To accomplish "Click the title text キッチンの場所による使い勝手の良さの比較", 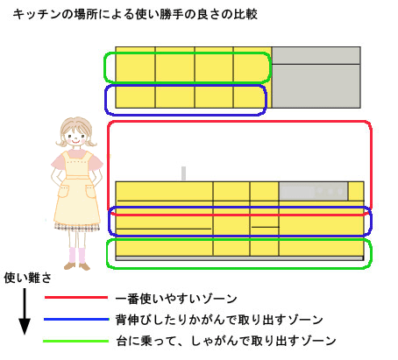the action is pos(135,14).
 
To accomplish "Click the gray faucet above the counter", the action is pos(183,173).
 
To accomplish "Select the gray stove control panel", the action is pos(314,191).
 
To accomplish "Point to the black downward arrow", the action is pos(25,311).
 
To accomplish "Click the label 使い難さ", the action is pos(27,278).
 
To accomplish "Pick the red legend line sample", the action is pos(76,298).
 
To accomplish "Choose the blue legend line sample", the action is pos(76,319).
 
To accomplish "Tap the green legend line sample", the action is pos(76,341).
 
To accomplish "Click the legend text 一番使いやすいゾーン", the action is pos(176,299).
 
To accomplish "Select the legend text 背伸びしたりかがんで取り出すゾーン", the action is pos(219,320).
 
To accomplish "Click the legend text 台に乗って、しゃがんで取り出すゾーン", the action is pos(226,341).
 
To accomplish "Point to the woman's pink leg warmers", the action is pos(77,256).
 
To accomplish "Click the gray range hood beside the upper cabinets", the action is pos(316,77).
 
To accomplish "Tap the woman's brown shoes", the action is pos(77,266).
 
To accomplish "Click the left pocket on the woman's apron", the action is pos(63,190).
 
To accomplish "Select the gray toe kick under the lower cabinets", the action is pos(239,258).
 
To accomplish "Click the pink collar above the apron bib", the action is pos(77,153).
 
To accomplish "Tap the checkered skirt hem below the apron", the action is pos(77,227).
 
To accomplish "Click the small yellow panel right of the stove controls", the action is pos(356,191).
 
